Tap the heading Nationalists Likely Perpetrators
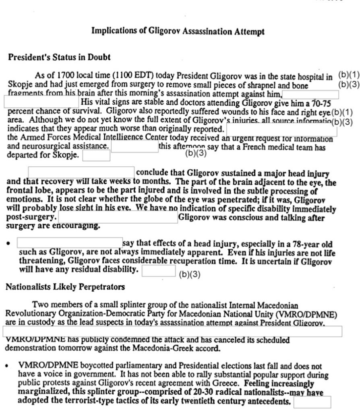pyautogui.click(x=65, y=287)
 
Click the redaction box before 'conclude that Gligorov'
pyautogui.click(x=81, y=172)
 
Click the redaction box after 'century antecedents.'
pyautogui.click(x=312, y=402)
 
